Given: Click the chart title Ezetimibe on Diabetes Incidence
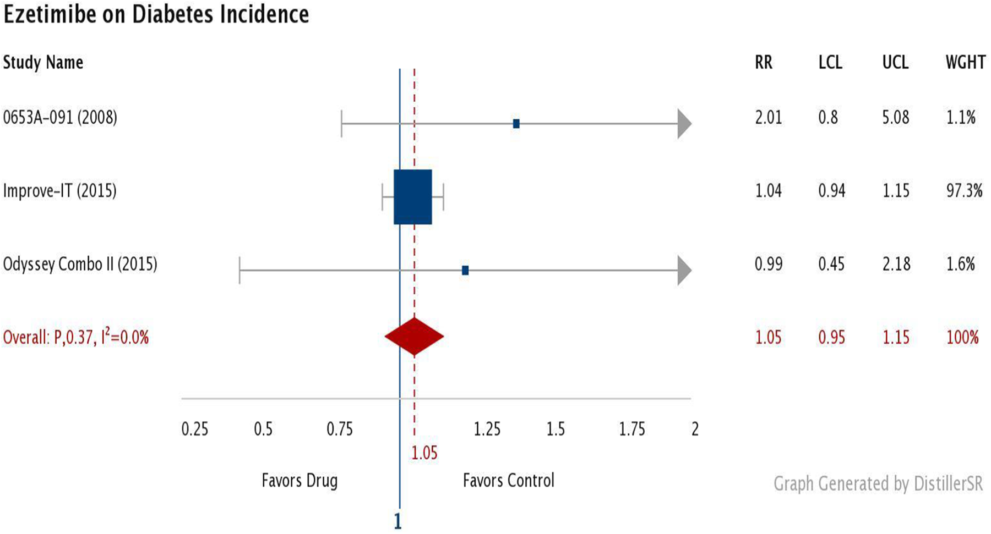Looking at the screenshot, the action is click(156, 14).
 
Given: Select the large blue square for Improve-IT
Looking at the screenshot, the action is click(413, 197).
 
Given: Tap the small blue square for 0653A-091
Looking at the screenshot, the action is click(516, 124).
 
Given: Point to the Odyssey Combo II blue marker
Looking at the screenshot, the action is click(465, 270).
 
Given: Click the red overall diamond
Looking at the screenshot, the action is click(414, 337).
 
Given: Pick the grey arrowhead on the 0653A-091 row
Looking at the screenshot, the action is click(684, 124).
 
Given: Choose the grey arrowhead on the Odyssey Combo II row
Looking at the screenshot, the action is click(684, 271).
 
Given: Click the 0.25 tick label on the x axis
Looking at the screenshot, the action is click(195, 429).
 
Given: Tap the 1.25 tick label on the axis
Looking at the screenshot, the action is click(487, 429).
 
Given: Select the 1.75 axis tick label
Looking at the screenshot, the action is click(632, 429).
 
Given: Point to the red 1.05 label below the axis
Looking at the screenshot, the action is click(424, 453).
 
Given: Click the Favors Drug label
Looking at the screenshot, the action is click(300, 481).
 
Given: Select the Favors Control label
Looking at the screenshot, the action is click(509, 481).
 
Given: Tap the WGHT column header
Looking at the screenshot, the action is click(966, 63).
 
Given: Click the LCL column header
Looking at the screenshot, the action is click(830, 63).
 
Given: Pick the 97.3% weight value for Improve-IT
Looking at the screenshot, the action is click(964, 191).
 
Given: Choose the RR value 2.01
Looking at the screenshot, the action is click(769, 118).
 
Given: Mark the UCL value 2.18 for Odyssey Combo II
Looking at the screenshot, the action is click(896, 264).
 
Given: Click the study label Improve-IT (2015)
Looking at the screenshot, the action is click(60, 191).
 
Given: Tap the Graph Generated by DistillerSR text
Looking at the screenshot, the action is click(878, 484).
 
